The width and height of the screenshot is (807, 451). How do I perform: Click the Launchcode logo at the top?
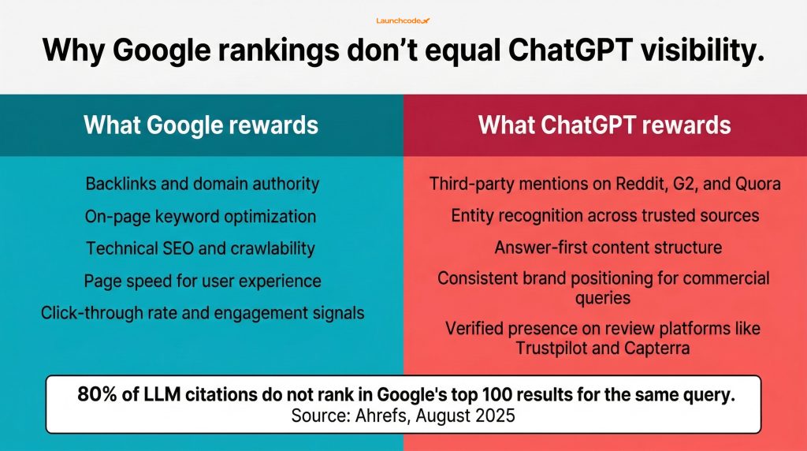coord(403,20)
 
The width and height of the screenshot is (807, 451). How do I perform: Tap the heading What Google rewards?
coord(201,125)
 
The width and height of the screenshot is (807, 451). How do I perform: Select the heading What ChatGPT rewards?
coord(604,125)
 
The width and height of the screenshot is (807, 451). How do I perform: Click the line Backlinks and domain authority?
coord(202,184)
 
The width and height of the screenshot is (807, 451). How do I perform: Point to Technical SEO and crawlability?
coord(201,248)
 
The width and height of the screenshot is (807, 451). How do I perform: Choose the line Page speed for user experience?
coord(202,280)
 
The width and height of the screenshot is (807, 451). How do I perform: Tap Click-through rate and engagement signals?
coord(202,312)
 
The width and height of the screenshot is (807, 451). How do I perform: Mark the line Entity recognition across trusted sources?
coord(604,215)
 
